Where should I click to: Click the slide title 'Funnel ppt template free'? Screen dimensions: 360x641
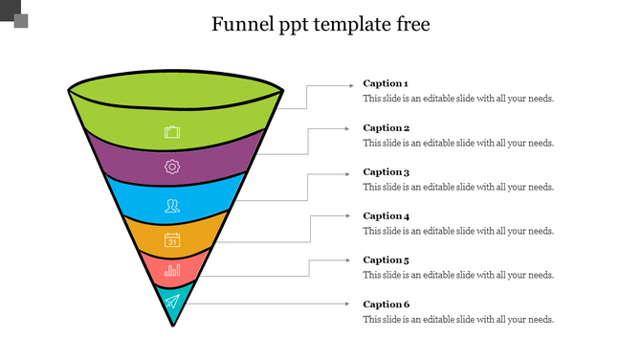click(320, 24)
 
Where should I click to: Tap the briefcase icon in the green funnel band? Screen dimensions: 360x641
click(172, 132)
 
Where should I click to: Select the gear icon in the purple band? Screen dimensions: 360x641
click(172, 167)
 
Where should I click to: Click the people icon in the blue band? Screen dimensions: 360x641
click(172, 204)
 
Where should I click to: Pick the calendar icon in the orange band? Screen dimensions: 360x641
click(172, 240)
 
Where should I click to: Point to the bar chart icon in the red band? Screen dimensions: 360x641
click(172, 271)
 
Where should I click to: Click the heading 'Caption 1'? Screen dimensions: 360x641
click(386, 83)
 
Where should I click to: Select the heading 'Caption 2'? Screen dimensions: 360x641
click(386, 127)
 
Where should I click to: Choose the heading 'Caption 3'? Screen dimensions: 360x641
click(386, 171)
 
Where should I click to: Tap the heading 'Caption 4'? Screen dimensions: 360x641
click(386, 215)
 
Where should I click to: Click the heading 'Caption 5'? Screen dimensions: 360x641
click(386, 259)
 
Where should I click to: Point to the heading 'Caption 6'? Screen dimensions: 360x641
click(386, 304)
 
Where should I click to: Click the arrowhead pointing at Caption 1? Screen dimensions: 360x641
click(349, 84)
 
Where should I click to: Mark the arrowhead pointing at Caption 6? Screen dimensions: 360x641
click(349, 304)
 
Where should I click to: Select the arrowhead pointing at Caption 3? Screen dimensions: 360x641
click(349, 172)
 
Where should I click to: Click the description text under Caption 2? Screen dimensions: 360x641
click(458, 143)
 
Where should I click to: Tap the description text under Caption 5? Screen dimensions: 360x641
click(458, 275)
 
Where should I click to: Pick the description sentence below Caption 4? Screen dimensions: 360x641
click(458, 231)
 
